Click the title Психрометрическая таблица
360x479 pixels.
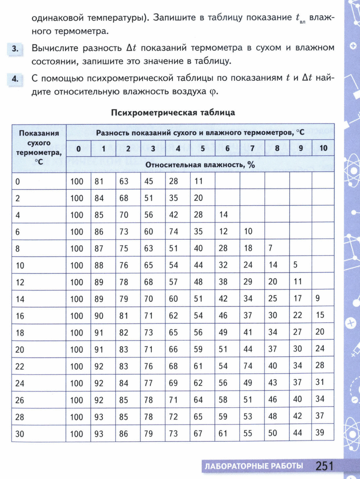click(173, 112)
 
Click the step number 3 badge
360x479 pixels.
click(15, 49)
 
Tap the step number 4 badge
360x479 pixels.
click(15, 79)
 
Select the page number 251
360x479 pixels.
click(324, 465)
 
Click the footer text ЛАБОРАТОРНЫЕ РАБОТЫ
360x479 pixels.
click(253, 466)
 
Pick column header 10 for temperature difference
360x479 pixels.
click(323, 148)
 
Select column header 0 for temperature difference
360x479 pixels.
click(78, 148)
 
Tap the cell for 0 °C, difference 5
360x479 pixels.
click(198, 181)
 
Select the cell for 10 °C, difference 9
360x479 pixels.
click(295, 265)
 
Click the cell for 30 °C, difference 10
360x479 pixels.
click(320, 433)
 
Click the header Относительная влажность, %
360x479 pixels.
click(200, 165)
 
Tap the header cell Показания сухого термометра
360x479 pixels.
click(39, 148)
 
